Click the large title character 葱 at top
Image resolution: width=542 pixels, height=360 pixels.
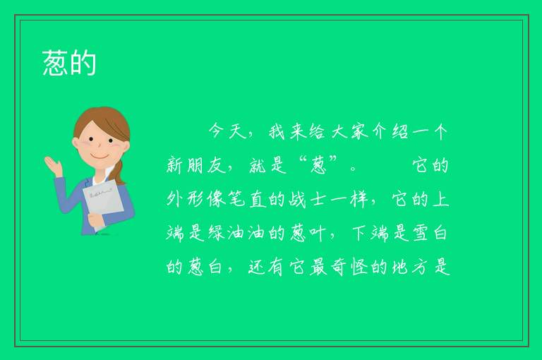click(55, 63)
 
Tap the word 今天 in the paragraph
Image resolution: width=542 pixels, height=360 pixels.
click(227, 131)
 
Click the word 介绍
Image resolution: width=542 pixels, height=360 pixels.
click(390, 131)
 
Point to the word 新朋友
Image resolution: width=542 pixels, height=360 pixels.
click(196, 165)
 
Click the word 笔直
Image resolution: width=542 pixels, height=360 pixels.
click(247, 199)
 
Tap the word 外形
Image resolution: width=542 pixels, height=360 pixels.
click(186, 199)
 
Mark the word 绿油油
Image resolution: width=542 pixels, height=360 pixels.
click(236, 233)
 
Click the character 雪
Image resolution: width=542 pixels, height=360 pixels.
click(421, 233)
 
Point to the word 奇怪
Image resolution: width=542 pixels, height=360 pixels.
click(349, 267)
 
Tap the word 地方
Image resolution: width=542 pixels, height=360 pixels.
click(410, 267)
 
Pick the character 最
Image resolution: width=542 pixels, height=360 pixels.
click(318, 267)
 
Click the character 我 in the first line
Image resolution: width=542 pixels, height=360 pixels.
click(277, 131)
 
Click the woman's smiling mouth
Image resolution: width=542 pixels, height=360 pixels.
click(100, 156)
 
